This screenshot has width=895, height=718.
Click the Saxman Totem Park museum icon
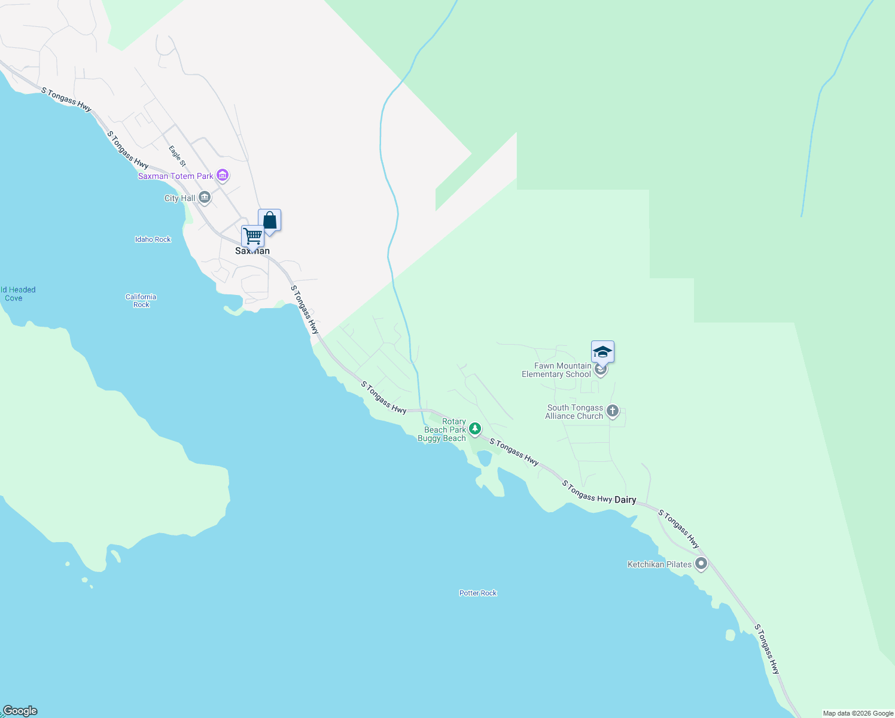coord(223,175)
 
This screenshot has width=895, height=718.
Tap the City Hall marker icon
coord(205,197)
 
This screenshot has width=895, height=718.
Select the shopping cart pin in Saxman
coord(252,237)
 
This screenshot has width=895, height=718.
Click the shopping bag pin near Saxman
coord(270,221)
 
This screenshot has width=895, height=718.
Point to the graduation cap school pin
coord(602,352)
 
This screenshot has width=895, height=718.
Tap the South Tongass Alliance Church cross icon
coord(612,411)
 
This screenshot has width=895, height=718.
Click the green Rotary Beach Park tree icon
coord(475,428)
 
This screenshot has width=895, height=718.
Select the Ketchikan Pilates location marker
coord(701,564)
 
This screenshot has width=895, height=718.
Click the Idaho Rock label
coord(153,239)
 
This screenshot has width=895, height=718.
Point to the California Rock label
coord(141,300)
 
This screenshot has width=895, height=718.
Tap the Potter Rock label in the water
coord(478,593)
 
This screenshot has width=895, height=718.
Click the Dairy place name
coord(625,500)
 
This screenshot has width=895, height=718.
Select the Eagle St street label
coord(177,156)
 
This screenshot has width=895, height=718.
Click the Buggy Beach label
coord(442,439)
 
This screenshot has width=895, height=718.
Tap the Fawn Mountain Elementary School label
coord(557,370)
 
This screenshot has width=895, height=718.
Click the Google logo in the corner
coord(20,711)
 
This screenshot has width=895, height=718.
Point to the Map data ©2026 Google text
coord(858,713)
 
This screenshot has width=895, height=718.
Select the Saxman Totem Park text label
coord(176,176)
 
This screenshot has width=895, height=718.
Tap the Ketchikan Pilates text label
coord(659,564)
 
